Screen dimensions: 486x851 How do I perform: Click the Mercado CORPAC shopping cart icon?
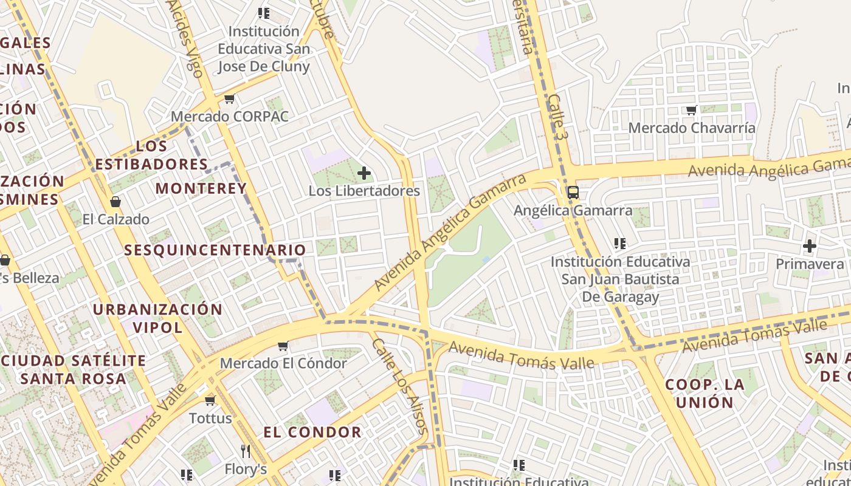pos(229,98)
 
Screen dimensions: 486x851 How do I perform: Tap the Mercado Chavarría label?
pos(692,128)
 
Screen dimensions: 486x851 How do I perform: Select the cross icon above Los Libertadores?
pos(364,174)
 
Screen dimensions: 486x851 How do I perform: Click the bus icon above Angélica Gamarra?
pos(573,193)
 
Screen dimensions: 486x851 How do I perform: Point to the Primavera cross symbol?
pos(809,246)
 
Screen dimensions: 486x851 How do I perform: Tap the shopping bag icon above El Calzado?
pos(115,202)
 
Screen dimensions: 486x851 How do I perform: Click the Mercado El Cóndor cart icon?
pos(283,346)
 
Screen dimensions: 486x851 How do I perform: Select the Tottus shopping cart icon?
pos(210,400)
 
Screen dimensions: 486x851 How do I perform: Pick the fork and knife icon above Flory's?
pos(246,451)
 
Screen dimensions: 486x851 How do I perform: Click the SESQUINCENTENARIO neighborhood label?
pos(215,250)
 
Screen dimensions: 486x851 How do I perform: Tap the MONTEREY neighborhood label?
pos(201,188)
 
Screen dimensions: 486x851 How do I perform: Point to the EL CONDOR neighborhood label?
pos(312,433)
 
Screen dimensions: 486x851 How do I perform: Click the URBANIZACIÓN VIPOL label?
pos(157,318)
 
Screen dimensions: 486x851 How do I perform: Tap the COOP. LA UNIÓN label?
pos(705,393)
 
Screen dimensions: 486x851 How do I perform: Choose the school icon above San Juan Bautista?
pos(620,244)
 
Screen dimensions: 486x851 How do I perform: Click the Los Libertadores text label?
pos(364,191)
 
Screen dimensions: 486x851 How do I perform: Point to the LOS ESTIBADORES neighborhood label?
pos(151,155)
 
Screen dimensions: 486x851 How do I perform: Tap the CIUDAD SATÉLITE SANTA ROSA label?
pos(74,369)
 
